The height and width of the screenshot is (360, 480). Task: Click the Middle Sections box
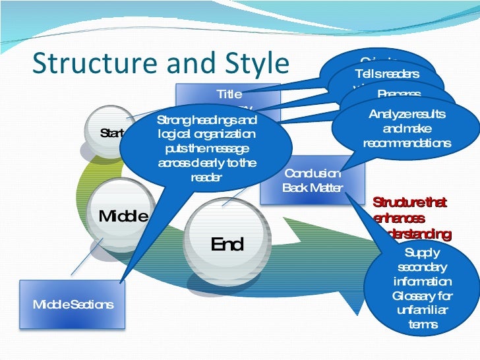(x=73, y=305)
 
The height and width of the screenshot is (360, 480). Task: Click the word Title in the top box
(x=229, y=94)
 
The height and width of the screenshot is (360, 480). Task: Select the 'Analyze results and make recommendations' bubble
(x=407, y=129)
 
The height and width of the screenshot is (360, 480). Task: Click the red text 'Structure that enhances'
(x=409, y=210)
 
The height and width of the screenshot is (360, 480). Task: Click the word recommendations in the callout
(x=407, y=143)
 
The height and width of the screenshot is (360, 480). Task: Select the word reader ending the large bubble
(x=206, y=177)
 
